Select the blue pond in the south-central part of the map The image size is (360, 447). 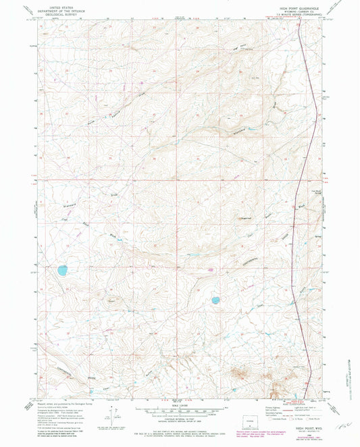(x=216, y=300)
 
